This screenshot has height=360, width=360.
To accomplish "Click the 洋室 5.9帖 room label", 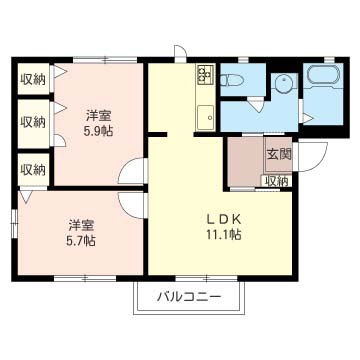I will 97,121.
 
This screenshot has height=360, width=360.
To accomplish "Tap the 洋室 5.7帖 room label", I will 82,232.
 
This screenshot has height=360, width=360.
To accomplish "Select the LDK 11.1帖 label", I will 224,227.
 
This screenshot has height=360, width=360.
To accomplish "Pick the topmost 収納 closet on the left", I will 33,79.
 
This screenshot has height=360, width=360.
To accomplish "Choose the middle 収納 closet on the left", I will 33,122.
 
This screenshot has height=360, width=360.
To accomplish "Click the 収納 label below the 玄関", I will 276,181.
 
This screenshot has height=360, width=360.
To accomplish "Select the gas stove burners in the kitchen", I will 205,74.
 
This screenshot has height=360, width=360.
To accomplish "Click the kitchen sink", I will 205,112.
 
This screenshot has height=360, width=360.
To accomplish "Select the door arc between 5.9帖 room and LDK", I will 131,173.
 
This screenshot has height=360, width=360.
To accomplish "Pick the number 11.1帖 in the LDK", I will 224,235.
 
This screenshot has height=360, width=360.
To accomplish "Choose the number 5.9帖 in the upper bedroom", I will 97,129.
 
